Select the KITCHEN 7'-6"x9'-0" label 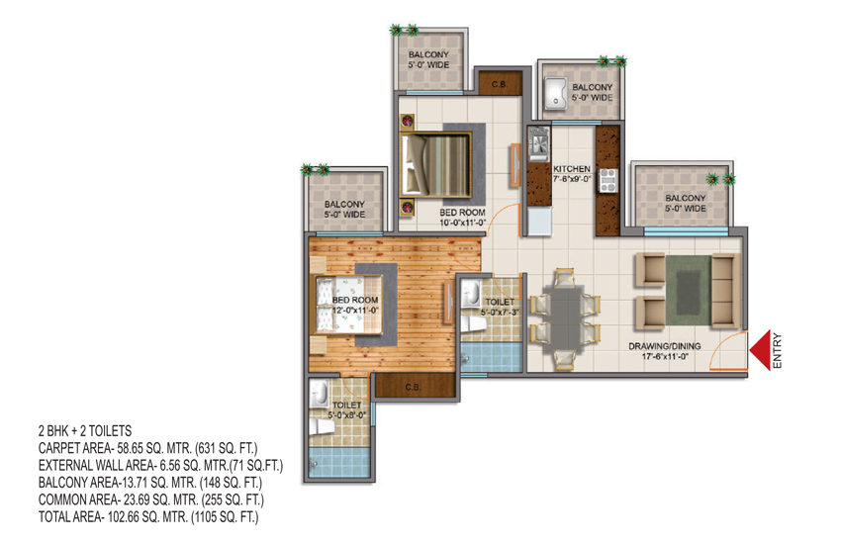click(572, 174)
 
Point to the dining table click(566, 307)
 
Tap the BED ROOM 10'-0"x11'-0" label click(462, 218)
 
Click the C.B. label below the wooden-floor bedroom click(413, 386)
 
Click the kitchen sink click(539, 146)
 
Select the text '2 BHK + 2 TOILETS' click(84, 432)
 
